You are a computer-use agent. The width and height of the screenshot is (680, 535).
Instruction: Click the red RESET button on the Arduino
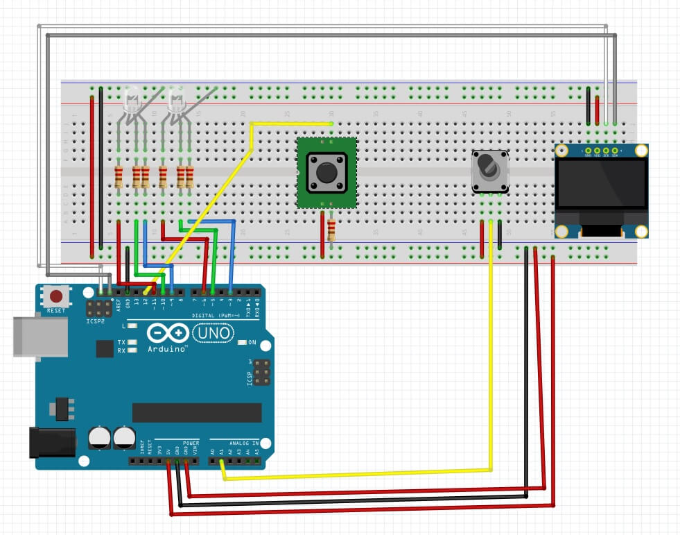pos(56,296)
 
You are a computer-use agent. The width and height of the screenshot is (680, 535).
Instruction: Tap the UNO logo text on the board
pos(211,334)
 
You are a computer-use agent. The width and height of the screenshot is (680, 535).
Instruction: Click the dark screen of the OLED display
pos(600,184)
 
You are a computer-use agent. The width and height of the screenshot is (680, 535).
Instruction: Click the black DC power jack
pos(52,442)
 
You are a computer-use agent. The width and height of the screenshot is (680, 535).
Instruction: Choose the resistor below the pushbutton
pos(331,230)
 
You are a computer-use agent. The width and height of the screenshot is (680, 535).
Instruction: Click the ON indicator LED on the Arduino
pos(242,342)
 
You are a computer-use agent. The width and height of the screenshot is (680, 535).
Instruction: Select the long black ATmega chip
pos(197,412)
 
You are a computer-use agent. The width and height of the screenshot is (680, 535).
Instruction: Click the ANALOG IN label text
pos(243,442)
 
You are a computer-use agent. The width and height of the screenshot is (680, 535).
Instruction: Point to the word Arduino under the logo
pos(167,349)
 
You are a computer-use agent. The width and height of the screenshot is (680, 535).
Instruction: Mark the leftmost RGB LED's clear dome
pos(130,100)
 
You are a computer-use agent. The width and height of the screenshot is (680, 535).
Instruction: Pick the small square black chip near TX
pos(105,348)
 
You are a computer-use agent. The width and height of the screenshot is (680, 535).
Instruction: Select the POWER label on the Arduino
pos(191,442)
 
